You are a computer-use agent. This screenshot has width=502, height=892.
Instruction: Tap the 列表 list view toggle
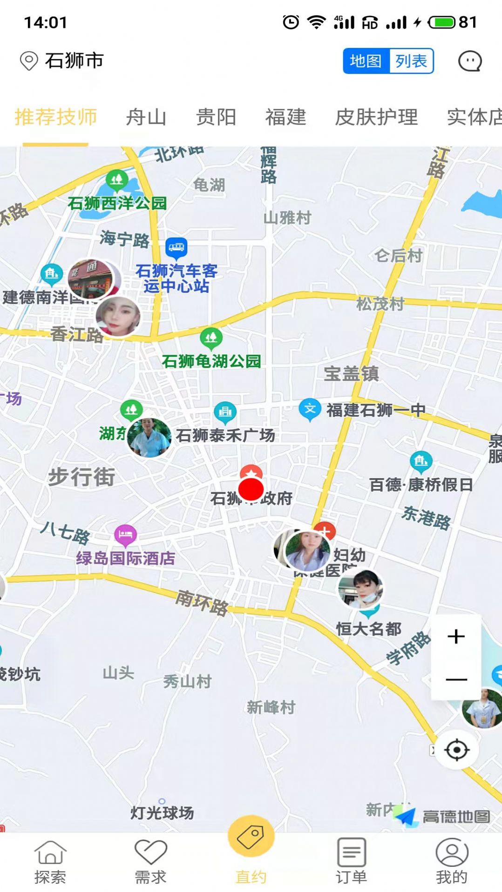click(x=411, y=61)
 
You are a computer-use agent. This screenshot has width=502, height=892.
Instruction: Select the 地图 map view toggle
click(x=366, y=61)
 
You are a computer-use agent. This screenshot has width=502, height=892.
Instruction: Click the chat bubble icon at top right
click(x=469, y=61)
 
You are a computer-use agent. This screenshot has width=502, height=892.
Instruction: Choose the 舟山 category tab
click(x=146, y=117)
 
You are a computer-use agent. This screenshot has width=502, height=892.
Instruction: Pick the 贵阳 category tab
click(x=216, y=117)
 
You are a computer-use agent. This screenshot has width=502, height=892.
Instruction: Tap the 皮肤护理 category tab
click(x=376, y=117)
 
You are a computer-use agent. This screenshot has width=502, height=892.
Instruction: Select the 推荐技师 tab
click(x=56, y=117)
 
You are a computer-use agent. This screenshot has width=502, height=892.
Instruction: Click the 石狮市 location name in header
click(x=74, y=61)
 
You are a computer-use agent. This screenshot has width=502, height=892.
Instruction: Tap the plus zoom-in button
click(x=456, y=636)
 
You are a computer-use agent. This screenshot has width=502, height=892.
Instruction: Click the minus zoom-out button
click(x=456, y=679)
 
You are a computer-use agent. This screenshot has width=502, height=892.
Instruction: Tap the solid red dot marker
click(x=251, y=489)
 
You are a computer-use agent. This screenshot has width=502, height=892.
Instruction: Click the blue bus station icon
click(x=176, y=247)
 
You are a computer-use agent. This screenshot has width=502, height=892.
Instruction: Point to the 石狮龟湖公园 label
click(x=211, y=361)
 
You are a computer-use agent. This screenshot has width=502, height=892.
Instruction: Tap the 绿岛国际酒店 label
click(x=126, y=558)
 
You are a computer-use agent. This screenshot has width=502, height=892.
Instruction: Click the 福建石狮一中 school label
click(x=375, y=410)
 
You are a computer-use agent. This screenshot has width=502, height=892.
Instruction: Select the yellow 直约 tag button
click(x=251, y=836)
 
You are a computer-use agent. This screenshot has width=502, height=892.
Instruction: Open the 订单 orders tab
click(x=351, y=860)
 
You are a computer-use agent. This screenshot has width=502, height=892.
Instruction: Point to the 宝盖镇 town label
click(x=351, y=373)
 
